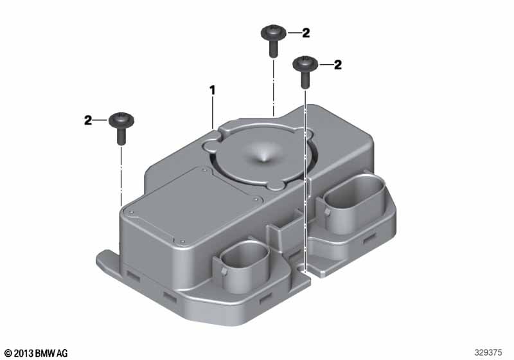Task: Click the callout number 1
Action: click(213, 91)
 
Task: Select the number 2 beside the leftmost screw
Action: click(88, 120)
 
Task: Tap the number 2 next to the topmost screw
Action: click(306, 33)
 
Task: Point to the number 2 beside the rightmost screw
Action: click(338, 64)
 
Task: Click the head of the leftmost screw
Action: click(121, 120)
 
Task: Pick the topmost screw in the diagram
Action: click(274, 40)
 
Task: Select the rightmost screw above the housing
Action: click(305, 72)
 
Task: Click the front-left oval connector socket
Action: click(244, 266)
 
